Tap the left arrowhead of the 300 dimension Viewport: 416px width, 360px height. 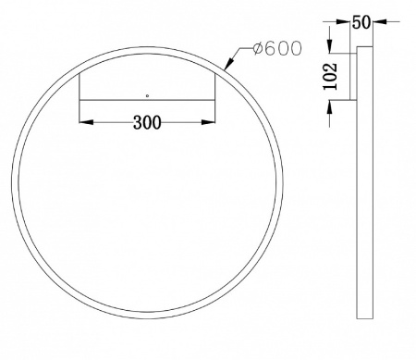(x=85, y=120)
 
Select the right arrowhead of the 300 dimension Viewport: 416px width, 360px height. (x=212, y=120)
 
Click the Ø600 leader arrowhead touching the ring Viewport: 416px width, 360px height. (x=229, y=65)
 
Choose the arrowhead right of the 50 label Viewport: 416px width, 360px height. (x=375, y=19)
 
